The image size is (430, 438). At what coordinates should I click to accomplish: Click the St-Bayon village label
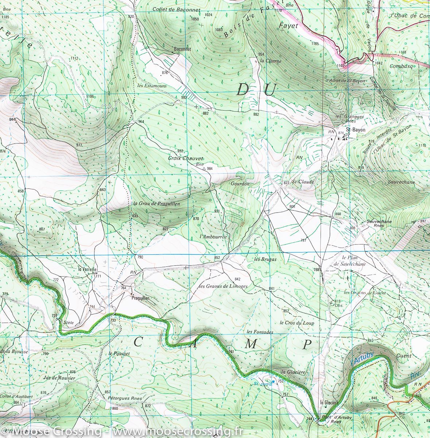353,130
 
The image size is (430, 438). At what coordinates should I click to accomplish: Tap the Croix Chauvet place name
185,158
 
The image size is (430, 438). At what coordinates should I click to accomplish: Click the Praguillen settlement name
140,298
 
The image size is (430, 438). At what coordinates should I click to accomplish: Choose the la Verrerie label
87,269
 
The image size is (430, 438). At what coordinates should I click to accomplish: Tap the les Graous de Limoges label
224,286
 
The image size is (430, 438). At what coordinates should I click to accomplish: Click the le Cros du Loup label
297,323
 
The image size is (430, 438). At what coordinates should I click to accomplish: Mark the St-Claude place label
303,181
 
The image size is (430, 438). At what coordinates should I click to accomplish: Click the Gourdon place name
240,184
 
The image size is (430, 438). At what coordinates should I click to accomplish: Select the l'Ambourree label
214,237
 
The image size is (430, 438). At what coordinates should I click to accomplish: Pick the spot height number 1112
74,58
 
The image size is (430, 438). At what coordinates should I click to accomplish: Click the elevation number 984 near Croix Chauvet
209,169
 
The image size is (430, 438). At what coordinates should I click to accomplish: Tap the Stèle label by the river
68,323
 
